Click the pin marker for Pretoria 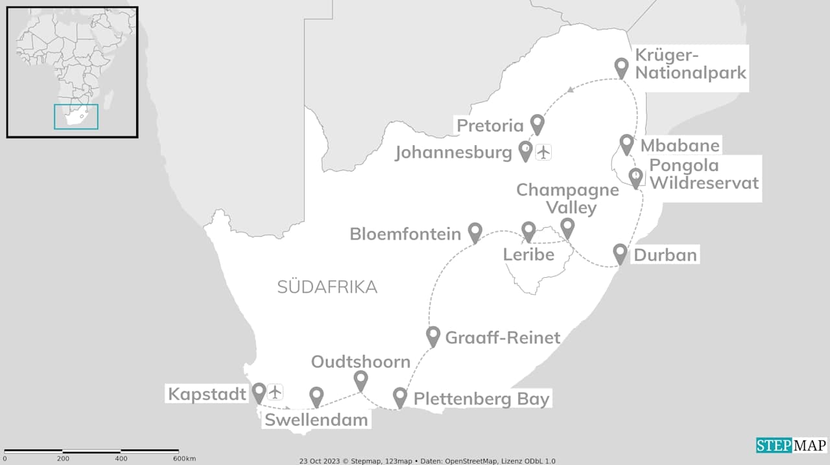click(537, 123)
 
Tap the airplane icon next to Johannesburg click(543, 152)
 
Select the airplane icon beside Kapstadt click(276, 392)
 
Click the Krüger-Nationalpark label click(691, 63)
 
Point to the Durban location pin click(620, 253)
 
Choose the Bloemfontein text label click(405, 234)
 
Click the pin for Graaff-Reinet click(433, 335)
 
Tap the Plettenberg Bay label click(481, 398)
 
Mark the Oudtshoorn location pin click(361, 380)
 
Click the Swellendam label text click(316, 420)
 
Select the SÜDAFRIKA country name click(327, 287)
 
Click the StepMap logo click(791, 446)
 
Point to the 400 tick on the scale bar click(121, 459)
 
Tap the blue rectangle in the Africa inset click(76, 117)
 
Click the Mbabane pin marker click(626, 144)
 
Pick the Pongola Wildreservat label click(704, 174)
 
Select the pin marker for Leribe click(528, 231)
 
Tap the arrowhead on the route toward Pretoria click(569, 90)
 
